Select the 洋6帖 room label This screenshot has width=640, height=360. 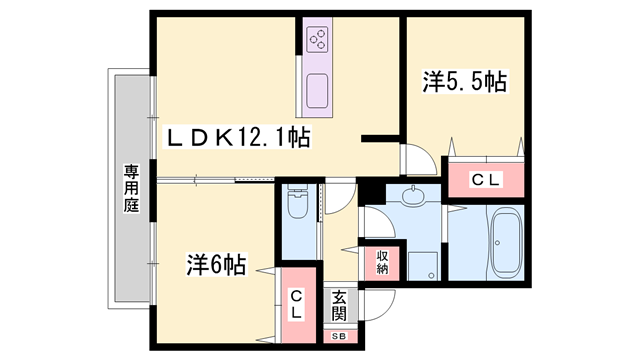click(215, 265)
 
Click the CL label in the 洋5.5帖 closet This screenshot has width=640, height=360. click(486, 179)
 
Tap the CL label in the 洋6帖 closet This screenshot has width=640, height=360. click(298, 303)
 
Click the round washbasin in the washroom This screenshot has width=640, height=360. click(413, 195)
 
